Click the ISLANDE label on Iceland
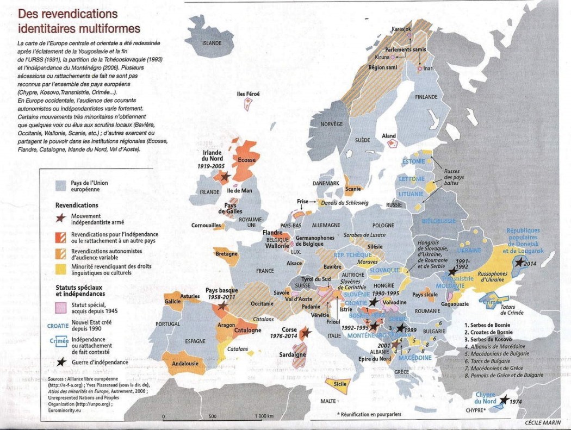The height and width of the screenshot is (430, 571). (x=212, y=42)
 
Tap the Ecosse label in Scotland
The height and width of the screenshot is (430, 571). (x=246, y=160)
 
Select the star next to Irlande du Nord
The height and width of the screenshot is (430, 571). (x=224, y=176)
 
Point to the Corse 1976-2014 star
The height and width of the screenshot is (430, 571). (x=305, y=333)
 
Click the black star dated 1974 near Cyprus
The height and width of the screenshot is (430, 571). (x=504, y=400)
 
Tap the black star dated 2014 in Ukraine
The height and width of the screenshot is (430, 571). (x=520, y=263)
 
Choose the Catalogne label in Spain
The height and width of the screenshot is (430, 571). (x=247, y=330)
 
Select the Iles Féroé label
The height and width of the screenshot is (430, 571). (x=249, y=94)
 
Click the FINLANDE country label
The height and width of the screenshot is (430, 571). (x=426, y=97)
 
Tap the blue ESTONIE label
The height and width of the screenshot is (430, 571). (x=413, y=162)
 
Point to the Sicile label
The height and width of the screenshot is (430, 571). (x=340, y=383)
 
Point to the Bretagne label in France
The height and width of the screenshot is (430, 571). (x=226, y=254)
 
